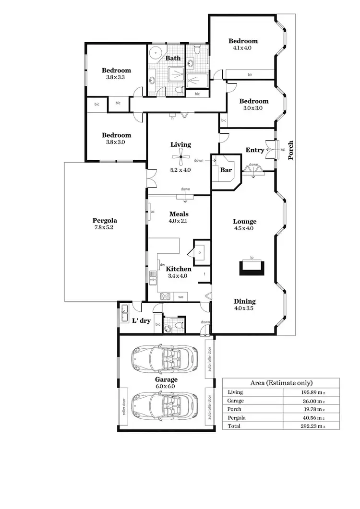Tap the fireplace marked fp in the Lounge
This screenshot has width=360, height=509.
[x=252, y=266]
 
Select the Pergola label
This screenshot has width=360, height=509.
[x=105, y=221]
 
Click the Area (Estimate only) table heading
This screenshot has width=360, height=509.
[x=281, y=383]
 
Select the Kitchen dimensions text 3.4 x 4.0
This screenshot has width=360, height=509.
[x=179, y=276]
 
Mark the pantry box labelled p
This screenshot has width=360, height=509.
[x=200, y=252]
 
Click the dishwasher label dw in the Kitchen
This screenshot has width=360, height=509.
[x=162, y=264]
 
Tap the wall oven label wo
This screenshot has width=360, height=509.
[x=181, y=297]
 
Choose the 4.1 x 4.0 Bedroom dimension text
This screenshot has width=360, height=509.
[x=242, y=48]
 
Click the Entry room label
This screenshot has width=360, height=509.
[x=254, y=150]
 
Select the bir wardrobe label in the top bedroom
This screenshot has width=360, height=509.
[x=250, y=74]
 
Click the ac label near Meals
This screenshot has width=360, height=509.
[x=152, y=212]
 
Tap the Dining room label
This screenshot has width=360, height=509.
[x=244, y=301]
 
